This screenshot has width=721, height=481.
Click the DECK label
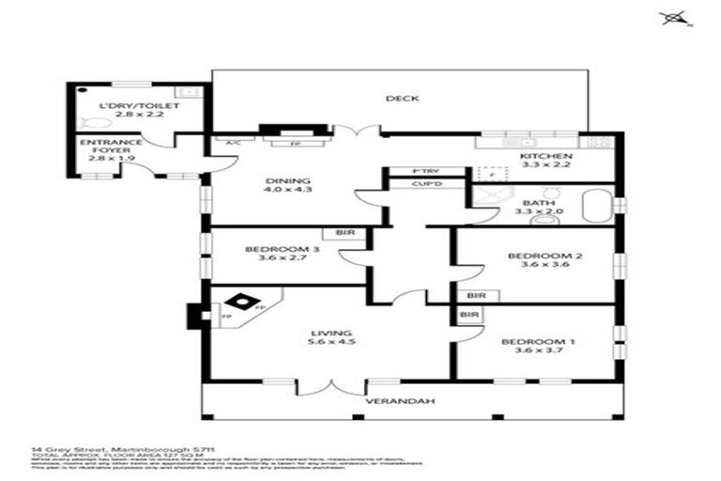click(x=401, y=99)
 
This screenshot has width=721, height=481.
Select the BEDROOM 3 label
click(x=269, y=249)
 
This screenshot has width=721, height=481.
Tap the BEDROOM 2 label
click(x=532, y=256)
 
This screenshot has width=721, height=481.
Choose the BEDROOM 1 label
click(x=532, y=342)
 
